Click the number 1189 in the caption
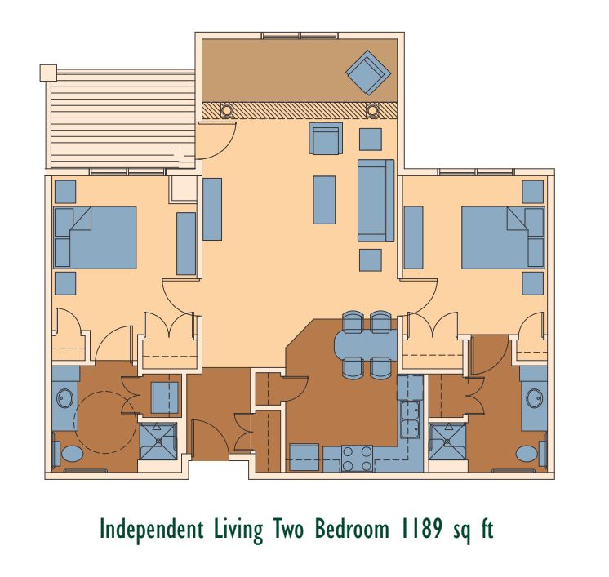(420, 529)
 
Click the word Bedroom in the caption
(352, 529)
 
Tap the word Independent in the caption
(152, 529)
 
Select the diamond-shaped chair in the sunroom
(368, 73)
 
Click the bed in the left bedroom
(96, 237)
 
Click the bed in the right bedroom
(503, 237)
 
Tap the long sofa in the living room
(376, 201)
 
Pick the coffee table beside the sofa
(324, 200)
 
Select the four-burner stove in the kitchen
(357, 458)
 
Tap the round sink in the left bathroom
(64, 399)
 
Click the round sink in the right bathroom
(535, 399)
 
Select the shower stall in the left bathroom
(158, 442)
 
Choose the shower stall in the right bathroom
(447, 442)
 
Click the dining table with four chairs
(367, 344)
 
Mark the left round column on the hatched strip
(226, 110)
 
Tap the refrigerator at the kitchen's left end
(304, 457)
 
